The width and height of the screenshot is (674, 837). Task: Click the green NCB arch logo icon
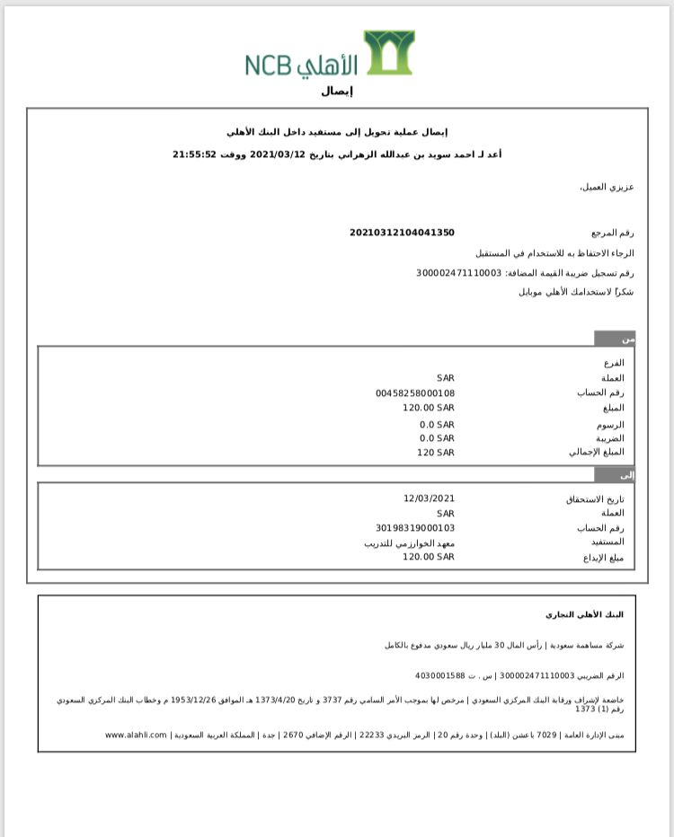coord(388,53)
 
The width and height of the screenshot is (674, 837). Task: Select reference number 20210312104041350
coord(402,233)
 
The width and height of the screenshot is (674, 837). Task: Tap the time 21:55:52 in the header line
coord(194,154)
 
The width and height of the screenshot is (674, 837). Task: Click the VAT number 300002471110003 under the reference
coord(458,272)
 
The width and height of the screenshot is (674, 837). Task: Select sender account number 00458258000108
coord(415,392)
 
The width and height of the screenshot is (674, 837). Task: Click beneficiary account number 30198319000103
coord(415,528)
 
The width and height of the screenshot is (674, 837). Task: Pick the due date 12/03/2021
coord(430,498)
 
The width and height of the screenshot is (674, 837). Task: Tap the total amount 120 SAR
coord(436,452)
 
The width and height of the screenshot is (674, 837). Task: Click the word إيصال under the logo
coord(337,91)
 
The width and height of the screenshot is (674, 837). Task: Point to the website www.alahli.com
coord(137,735)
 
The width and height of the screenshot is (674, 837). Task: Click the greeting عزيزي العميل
coord(607,187)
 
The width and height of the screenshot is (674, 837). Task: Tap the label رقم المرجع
coord(612,233)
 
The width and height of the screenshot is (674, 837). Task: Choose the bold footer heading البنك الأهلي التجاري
coord(584,614)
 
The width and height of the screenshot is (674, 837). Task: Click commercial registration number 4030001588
coord(439,674)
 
